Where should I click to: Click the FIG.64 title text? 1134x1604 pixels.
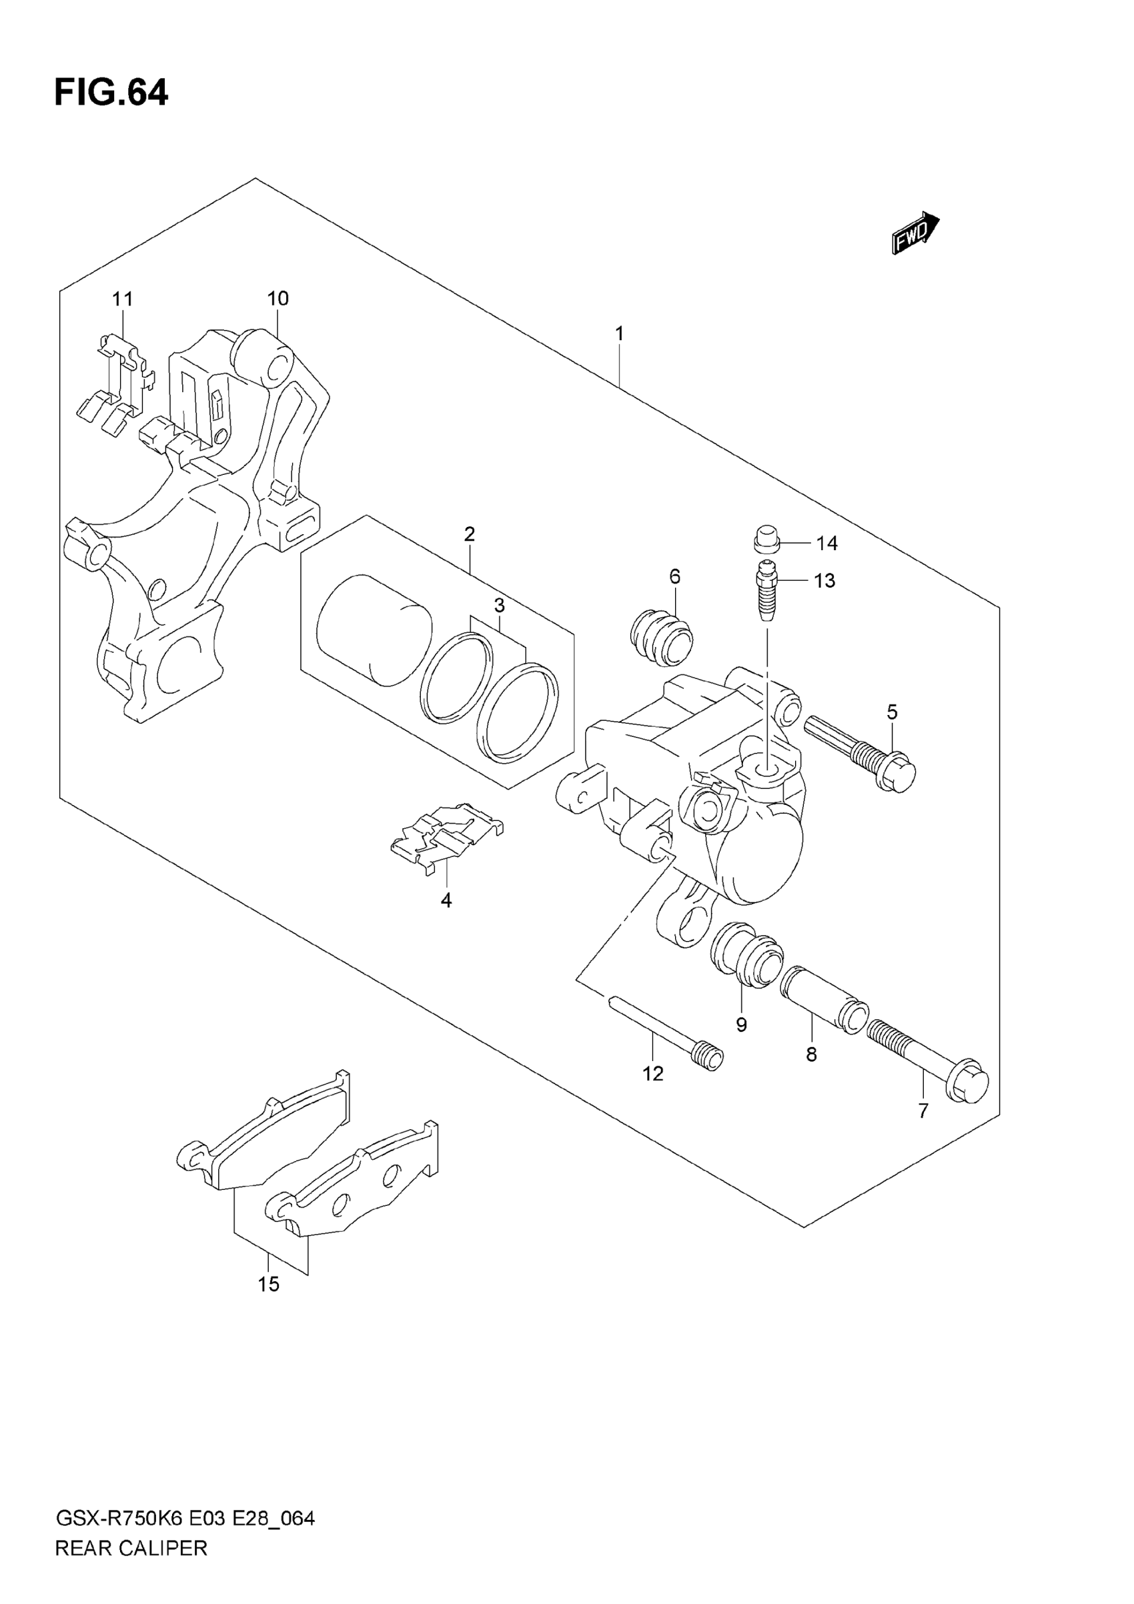tap(111, 93)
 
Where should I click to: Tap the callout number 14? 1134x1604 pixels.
tap(826, 543)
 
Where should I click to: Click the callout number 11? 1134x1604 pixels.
tap(122, 299)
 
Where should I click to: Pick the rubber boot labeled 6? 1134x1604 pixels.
tap(661, 636)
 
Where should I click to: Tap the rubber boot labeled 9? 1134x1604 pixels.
tap(746, 954)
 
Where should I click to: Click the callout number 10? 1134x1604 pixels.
tap(277, 299)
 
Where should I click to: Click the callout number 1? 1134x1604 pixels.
tap(619, 334)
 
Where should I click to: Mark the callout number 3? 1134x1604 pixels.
tap(499, 605)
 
